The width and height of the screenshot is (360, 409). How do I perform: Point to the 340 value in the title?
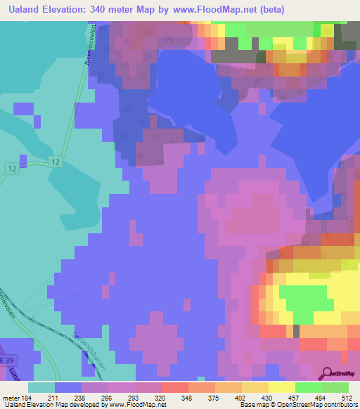pyautogui.click(x=106, y=9)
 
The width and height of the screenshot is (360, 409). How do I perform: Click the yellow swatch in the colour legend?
pyautogui.click(x=281, y=387)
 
